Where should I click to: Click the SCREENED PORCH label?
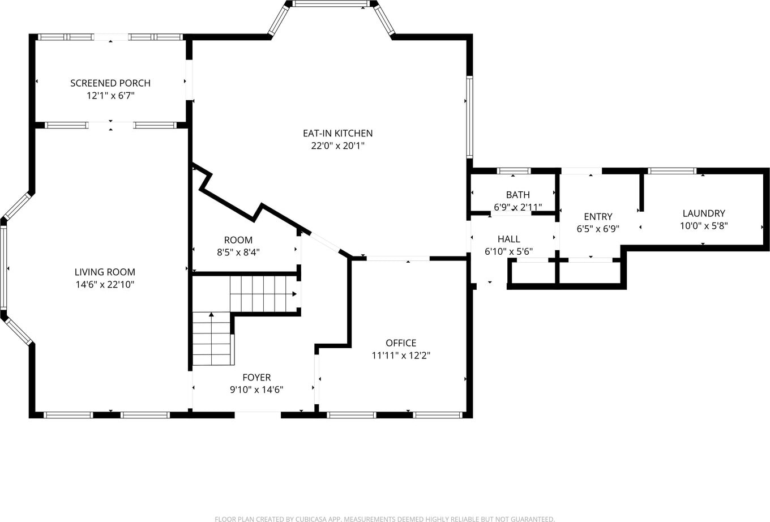[x=110, y=83]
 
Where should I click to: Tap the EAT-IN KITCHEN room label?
[x=337, y=134]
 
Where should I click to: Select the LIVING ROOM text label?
[x=105, y=272]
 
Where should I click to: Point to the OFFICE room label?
[x=401, y=343]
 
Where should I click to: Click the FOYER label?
[x=256, y=377]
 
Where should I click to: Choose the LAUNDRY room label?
[x=704, y=213]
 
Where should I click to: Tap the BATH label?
[x=517, y=195]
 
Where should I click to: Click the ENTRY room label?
[x=598, y=216]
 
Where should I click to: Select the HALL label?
[x=509, y=239]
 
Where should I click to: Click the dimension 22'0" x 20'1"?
[x=337, y=146]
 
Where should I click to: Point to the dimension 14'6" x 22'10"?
[x=105, y=285]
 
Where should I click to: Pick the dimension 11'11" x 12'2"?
[x=401, y=356]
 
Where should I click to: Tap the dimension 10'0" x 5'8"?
[x=704, y=226]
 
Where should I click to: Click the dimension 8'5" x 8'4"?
[x=238, y=253]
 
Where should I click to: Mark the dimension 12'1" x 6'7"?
[x=110, y=96]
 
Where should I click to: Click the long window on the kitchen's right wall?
[x=469, y=117]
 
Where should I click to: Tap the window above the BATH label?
[x=514, y=171]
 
